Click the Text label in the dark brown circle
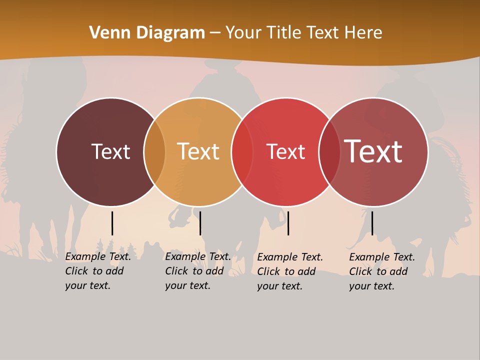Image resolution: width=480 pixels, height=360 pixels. (x=110, y=151)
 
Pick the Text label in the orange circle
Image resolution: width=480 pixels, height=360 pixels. (x=198, y=151)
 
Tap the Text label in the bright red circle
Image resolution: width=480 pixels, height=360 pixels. (x=285, y=152)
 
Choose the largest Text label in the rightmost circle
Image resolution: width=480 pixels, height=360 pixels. (x=373, y=151)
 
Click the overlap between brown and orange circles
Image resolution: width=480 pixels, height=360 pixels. (x=154, y=151)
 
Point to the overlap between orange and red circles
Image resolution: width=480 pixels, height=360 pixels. (x=242, y=151)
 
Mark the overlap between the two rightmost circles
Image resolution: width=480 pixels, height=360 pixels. (x=329, y=151)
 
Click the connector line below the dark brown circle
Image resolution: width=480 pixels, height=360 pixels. (x=112, y=223)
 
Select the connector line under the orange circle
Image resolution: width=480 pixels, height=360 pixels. (x=200, y=223)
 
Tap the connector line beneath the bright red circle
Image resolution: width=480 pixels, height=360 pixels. (x=288, y=223)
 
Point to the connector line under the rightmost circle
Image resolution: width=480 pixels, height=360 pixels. (x=372, y=223)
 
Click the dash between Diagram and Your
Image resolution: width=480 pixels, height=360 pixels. (x=215, y=33)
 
